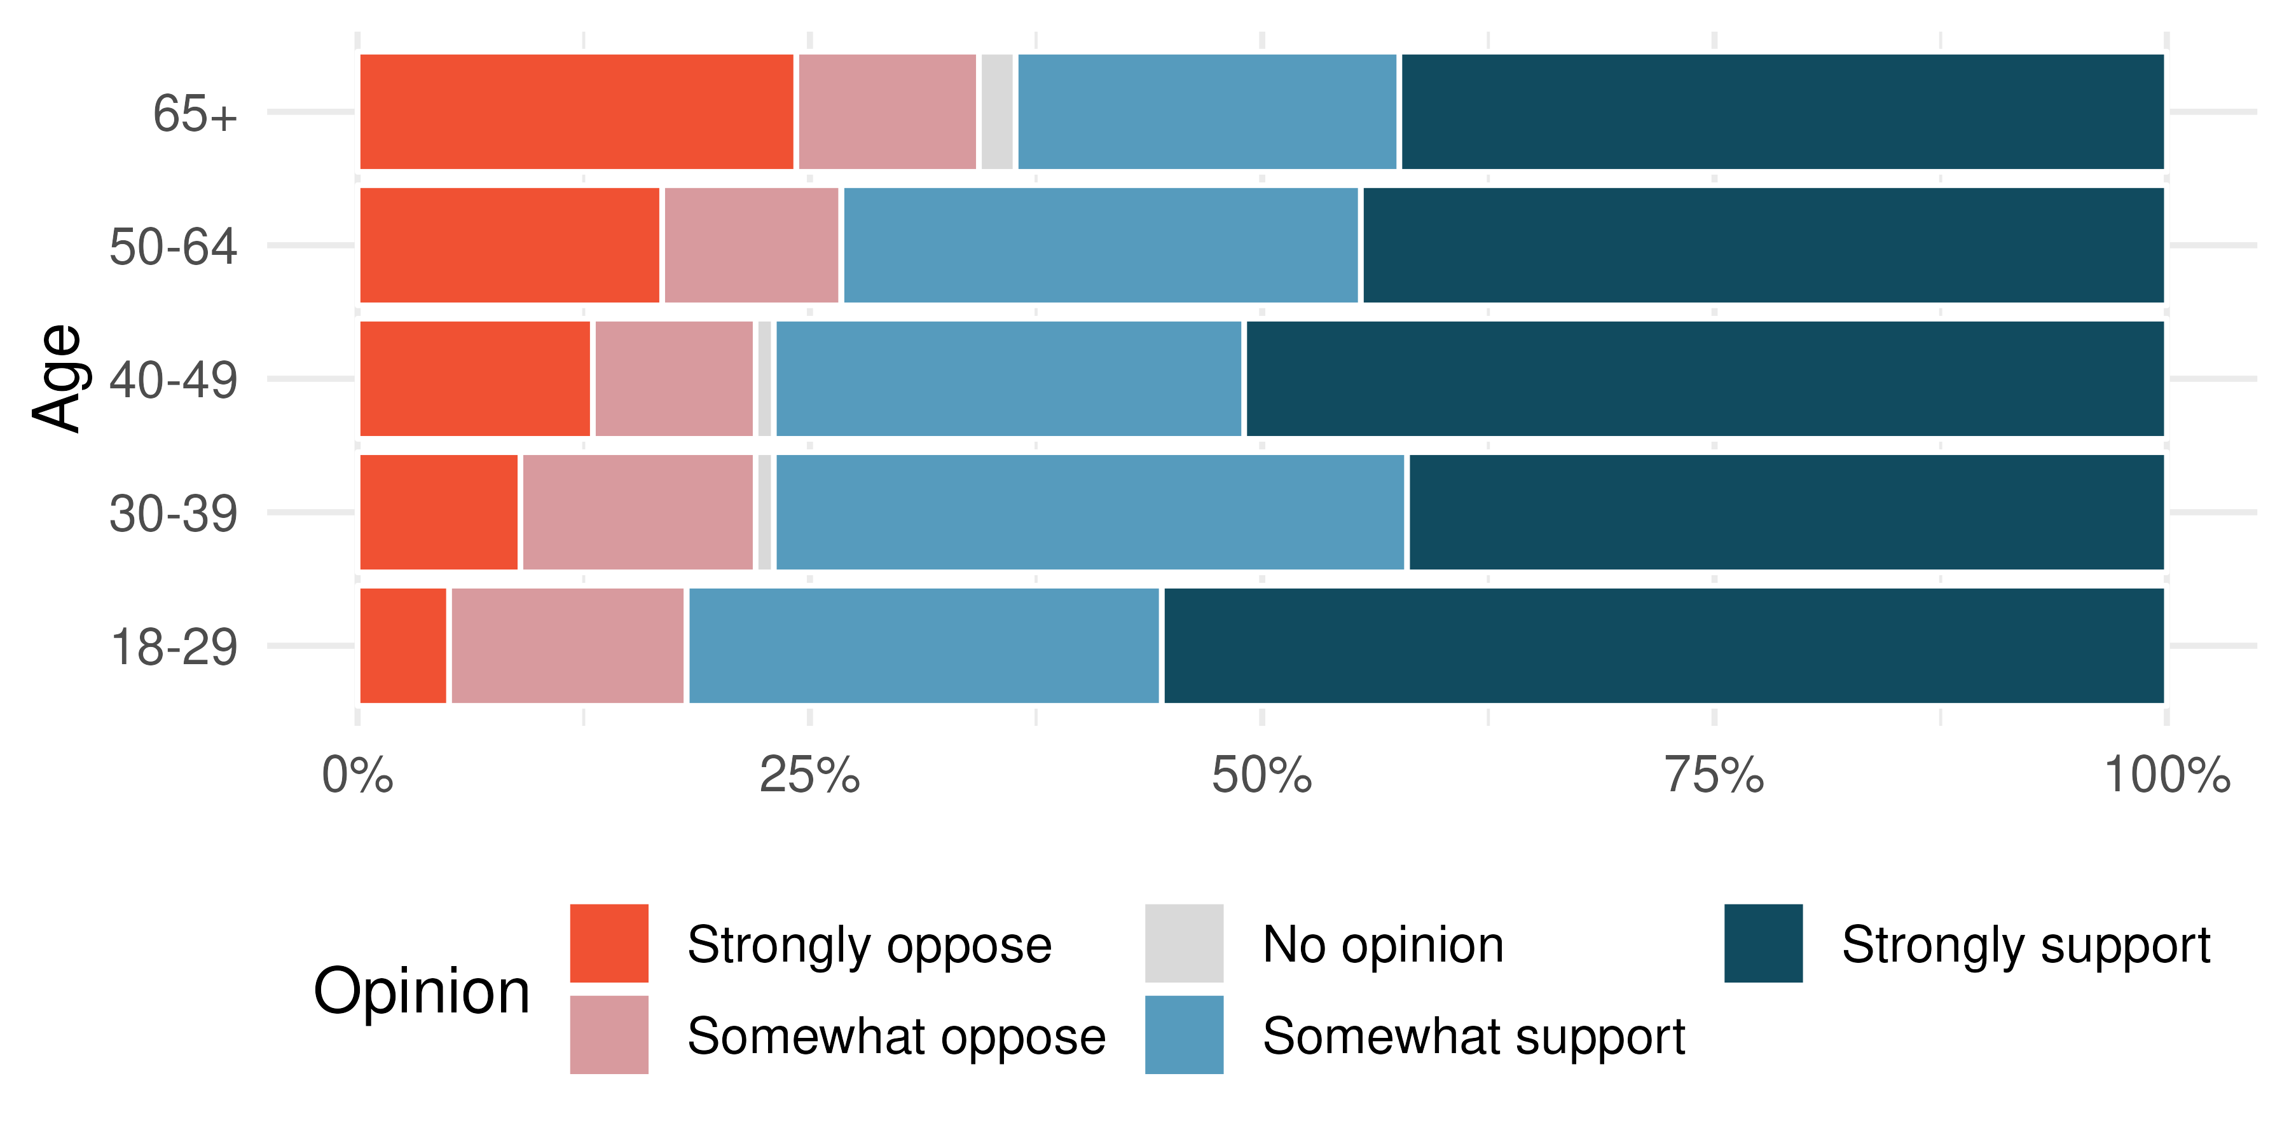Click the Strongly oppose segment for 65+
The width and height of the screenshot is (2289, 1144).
click(x=576, y=112)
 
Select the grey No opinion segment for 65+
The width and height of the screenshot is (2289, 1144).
click(x=997, y=112)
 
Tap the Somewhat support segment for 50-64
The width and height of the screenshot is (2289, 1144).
click(x=1100, y=245)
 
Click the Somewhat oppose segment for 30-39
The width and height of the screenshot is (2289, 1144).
click(x=637, y=512)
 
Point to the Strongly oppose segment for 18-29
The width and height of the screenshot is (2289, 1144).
click(x=402, y=646)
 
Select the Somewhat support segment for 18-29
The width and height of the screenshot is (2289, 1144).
click(x=924, y=646)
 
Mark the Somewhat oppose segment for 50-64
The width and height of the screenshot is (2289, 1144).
click(x=751, y=245)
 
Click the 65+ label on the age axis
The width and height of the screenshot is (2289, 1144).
click(x=195, y=114)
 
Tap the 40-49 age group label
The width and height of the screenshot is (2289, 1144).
click(x=174, y=380)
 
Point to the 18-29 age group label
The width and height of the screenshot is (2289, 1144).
click(x=174, y=646)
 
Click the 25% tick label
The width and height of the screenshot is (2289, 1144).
click(x=809, y=775)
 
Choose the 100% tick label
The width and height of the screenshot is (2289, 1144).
click(x=2166, y=775)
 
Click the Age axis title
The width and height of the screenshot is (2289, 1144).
click(x=57, y=378)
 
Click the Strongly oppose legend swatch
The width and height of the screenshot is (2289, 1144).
click(x=608, y=943)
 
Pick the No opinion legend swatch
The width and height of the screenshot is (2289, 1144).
click(x=1183, y=943)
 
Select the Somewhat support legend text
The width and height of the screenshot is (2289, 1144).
click(x=1473, y=1037)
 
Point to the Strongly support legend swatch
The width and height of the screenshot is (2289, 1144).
click(x=1763, y=943)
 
